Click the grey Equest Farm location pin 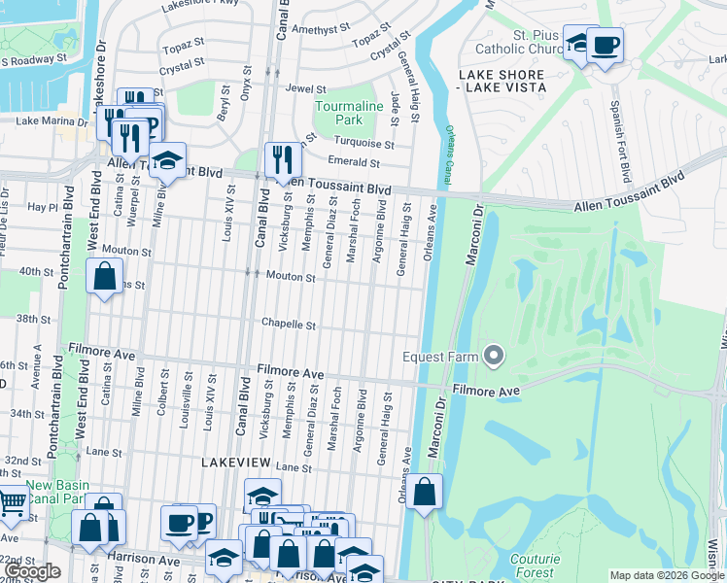[494, 357]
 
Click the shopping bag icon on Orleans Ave [424, 492]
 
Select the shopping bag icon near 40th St [104, 276]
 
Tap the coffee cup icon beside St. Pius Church [605, 45]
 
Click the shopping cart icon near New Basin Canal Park [12, 502]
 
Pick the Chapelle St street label [289, 325]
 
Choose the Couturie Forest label [536, 566]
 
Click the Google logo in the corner [32, 571]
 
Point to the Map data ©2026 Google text [667, 575]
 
